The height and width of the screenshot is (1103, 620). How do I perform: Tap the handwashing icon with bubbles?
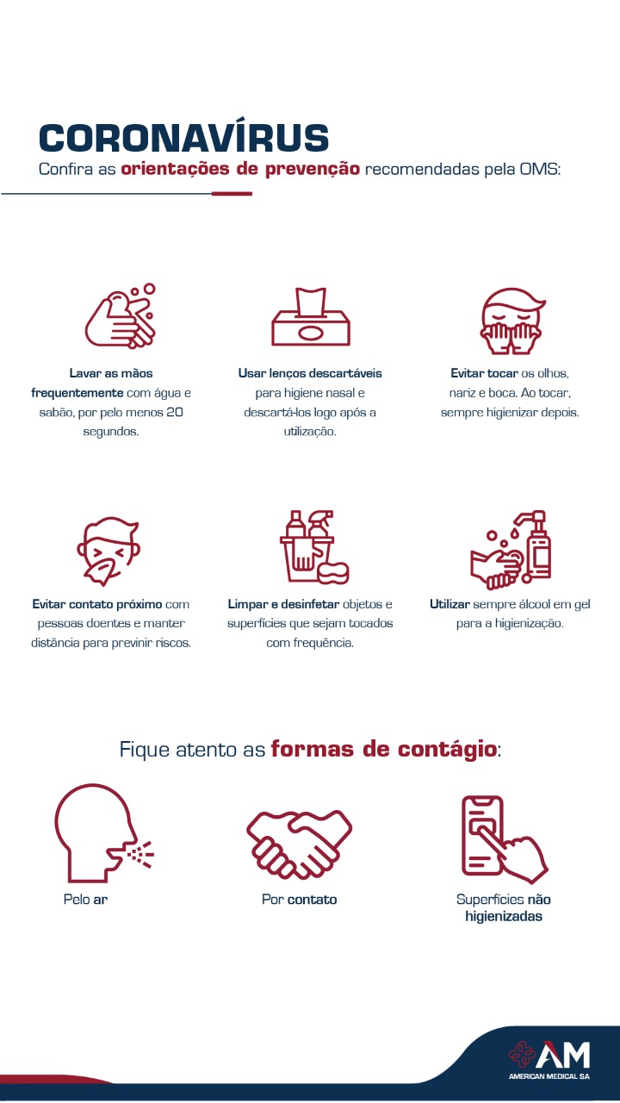121,316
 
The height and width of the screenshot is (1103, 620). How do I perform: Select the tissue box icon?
311,316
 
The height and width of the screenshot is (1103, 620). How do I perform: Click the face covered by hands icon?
512,321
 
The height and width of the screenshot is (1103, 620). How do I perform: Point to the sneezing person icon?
108,551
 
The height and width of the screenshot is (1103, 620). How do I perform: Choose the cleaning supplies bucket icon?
314,546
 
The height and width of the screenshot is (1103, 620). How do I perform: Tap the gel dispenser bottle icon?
511,550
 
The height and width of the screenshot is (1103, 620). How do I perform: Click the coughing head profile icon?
103,833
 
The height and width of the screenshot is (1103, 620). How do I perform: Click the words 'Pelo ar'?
85,900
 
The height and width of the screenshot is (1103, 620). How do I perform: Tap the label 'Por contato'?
299,900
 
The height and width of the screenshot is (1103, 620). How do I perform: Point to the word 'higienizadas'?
504,916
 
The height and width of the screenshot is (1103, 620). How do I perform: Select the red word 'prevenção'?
313,170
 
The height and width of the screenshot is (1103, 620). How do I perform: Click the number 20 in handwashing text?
175,412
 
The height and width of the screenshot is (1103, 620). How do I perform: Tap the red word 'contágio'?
447,750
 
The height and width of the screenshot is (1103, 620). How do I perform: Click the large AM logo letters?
562,1056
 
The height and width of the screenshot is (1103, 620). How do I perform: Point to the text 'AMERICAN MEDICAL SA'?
549,1076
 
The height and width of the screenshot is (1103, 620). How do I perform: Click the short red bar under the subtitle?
232,194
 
